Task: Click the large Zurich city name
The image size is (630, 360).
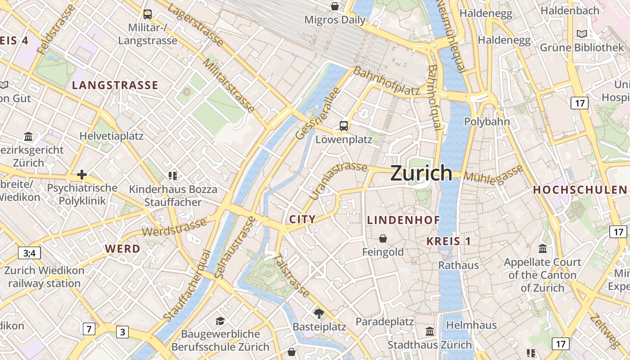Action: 421,173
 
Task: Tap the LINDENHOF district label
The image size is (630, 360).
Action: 403,220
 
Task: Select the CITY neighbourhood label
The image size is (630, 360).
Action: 302,219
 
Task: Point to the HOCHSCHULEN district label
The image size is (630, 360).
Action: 580,190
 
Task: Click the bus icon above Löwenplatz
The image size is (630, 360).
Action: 344,126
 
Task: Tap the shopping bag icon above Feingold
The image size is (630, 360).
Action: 383,238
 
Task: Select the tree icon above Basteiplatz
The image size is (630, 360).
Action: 319,313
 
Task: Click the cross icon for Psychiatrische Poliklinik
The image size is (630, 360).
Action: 82,174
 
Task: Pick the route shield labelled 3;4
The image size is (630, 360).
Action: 29,253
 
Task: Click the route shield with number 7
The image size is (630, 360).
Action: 89,329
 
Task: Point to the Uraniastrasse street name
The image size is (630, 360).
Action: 338,180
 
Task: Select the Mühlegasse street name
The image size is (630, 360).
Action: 494,174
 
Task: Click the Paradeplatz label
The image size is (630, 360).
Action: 384,322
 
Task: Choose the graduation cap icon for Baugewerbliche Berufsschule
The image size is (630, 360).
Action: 220,321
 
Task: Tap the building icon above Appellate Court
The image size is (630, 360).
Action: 542,248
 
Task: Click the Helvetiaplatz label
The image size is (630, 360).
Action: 111,136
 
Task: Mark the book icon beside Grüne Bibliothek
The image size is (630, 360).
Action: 582,34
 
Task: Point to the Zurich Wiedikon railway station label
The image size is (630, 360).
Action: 44,277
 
